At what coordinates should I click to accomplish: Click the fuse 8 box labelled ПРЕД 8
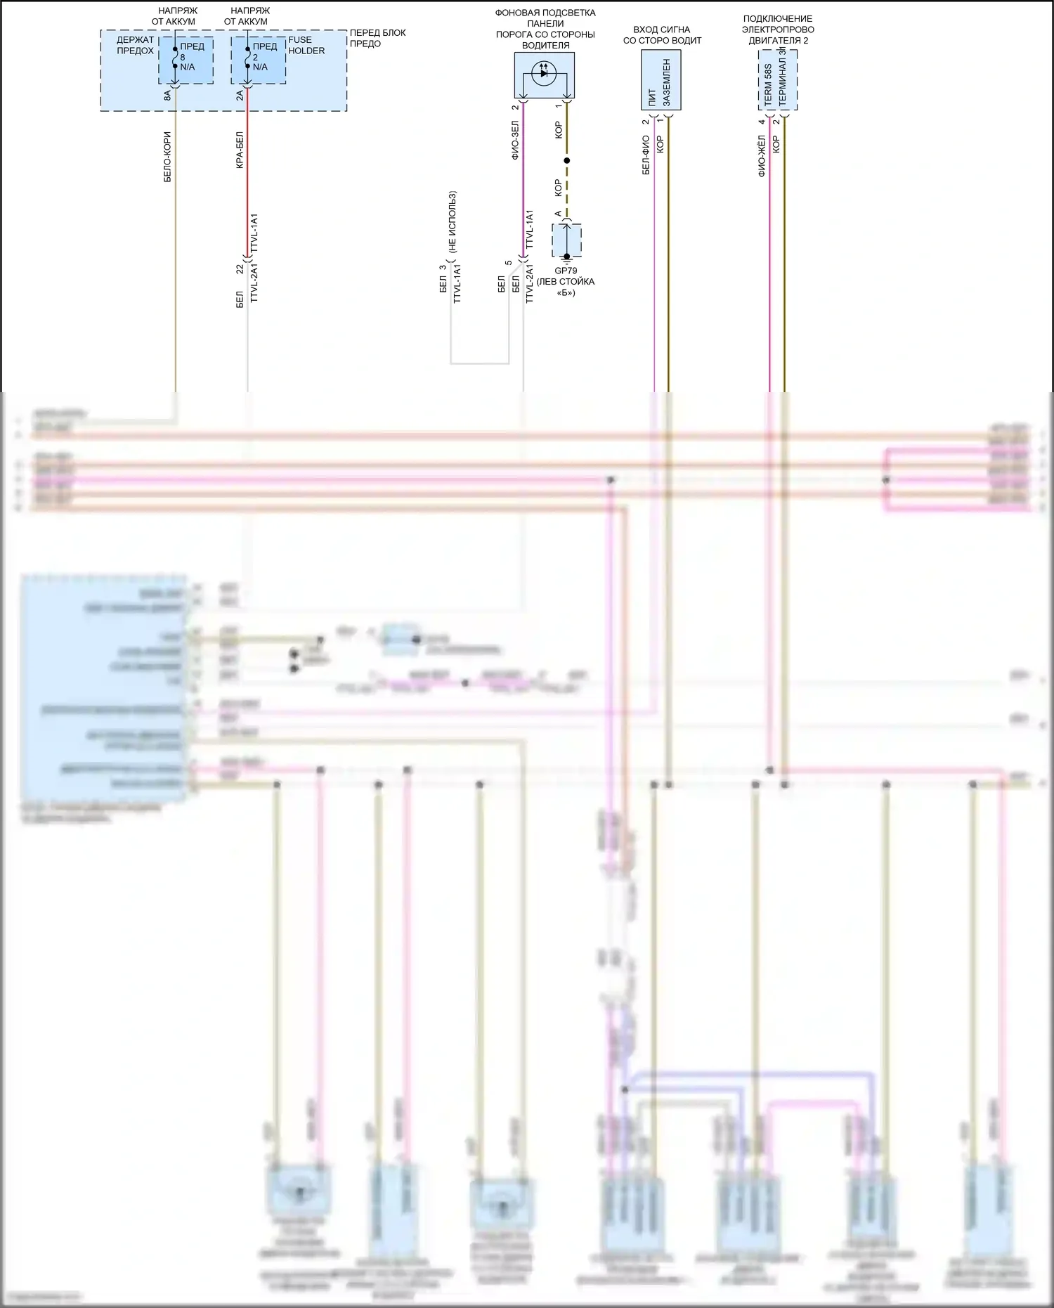(186, 60)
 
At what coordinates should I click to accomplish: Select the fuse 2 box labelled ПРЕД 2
(259, 60)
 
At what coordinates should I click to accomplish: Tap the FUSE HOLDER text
(306, 45)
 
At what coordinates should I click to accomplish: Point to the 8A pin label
(167, 95)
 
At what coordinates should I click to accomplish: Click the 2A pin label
(240, 95)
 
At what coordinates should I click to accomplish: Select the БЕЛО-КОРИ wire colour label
(167, 157)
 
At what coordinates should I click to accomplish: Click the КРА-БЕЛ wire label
(240, 150)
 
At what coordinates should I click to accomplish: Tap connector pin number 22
(240, 269)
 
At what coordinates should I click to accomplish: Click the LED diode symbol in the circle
(544, 73)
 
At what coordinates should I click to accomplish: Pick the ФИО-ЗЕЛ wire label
(515, 140)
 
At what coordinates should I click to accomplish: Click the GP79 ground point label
(566, 271)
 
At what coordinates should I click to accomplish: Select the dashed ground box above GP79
(566, 240)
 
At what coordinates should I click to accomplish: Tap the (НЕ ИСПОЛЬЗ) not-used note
(453, 222)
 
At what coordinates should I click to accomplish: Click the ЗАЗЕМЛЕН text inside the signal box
(667, 82)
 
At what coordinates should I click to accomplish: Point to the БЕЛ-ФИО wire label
(646, 155)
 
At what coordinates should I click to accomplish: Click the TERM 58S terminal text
(768, 84)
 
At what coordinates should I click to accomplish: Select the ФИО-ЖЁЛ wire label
(762, 156)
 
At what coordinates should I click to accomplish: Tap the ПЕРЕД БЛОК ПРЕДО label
(378, 38)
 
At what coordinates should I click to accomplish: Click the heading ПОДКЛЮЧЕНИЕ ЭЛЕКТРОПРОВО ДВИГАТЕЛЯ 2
(778, 30)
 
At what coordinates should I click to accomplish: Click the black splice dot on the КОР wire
(567, 161)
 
